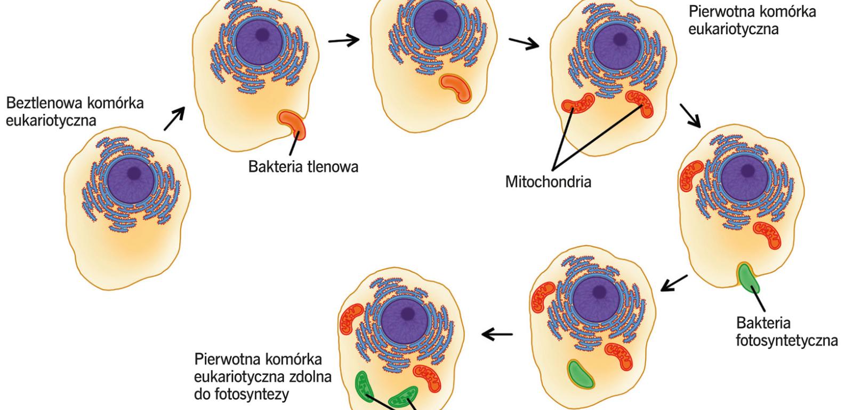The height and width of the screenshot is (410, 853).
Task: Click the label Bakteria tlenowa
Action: tap(303, 167)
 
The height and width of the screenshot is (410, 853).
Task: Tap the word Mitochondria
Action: tap(548, 182)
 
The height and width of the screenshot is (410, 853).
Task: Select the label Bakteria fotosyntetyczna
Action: tap(786, 332)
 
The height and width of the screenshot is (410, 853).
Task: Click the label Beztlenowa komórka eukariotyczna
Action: tap(75, 112)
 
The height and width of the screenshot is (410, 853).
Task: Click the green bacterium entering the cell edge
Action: tap(749, 277)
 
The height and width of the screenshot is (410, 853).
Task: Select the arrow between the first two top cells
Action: tap(344, 41)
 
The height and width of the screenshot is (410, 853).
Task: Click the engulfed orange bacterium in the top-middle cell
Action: tap(456, 88)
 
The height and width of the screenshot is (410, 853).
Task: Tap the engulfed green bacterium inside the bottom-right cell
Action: tap(581, 374)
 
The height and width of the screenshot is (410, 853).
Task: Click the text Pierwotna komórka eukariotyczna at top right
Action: tap(752, 20)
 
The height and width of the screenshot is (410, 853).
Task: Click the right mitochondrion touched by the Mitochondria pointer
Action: tap(639, 104)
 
